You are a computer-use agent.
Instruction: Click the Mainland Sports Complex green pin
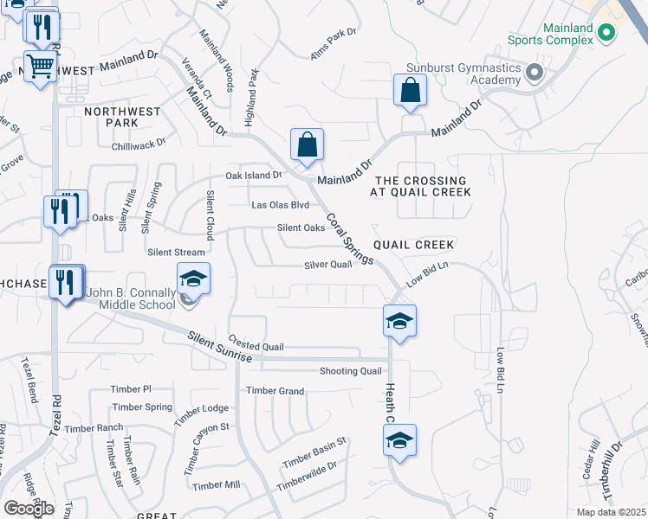[x=606, y=34]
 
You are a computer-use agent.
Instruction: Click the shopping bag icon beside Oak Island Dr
[x=307, y=145]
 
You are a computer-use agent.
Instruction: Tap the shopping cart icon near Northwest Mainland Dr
[x=40, y=66]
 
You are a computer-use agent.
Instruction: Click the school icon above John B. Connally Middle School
[x=193, y=279]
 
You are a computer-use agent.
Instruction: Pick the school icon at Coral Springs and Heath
[x=399, y=321]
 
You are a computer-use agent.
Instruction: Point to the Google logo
[x=29, y=508]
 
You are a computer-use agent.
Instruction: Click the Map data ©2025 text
[x=611, y=512]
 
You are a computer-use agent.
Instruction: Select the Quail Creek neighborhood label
[x=413, y=245]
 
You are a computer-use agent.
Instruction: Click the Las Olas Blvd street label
[x=280, y=205]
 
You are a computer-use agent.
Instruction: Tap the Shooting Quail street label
[x=350, y=371]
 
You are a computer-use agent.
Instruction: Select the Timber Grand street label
[x=275, y=391]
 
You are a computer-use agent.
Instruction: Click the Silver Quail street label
[x=327, y=265]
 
